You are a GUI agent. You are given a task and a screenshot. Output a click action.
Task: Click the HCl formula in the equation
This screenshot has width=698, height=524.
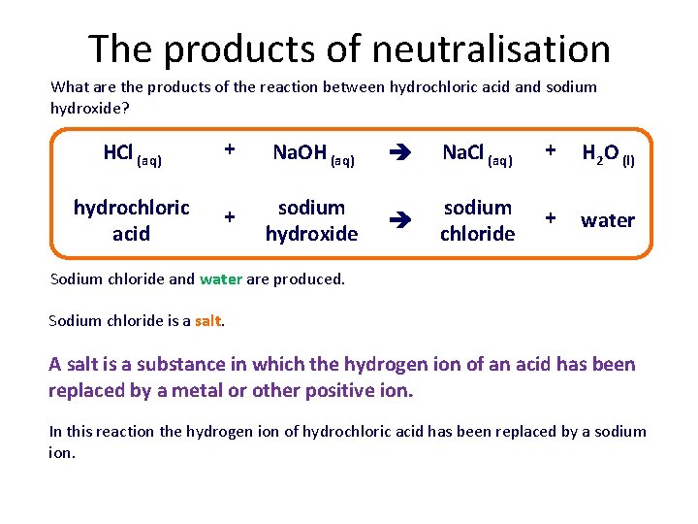click(117, 152)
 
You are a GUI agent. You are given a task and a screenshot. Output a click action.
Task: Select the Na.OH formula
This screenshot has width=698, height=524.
click(301, 152)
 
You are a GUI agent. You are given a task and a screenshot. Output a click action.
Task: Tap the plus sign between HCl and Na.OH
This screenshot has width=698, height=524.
click(230, 149)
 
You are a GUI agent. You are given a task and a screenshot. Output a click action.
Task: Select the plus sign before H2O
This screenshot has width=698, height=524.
click(551, 149)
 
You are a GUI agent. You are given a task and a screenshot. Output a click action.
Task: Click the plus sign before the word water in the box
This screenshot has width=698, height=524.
click(551, 218)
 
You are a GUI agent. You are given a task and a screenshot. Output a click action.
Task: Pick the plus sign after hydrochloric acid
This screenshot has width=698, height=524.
click(230, 218)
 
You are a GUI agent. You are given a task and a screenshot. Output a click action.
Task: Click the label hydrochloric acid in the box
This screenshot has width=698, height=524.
click(131, 220)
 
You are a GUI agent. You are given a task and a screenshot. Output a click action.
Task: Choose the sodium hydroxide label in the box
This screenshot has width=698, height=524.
click(311, 220)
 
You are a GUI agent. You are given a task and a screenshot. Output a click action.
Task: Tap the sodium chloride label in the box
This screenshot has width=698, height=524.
click(477, 220)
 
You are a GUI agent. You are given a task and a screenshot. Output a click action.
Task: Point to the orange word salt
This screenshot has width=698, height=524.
click(208, 321)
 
